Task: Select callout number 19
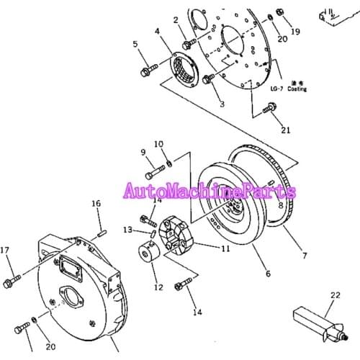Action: coord(295,32)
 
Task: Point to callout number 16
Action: coord(96,204)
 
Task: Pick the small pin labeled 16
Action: coord(102,231)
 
